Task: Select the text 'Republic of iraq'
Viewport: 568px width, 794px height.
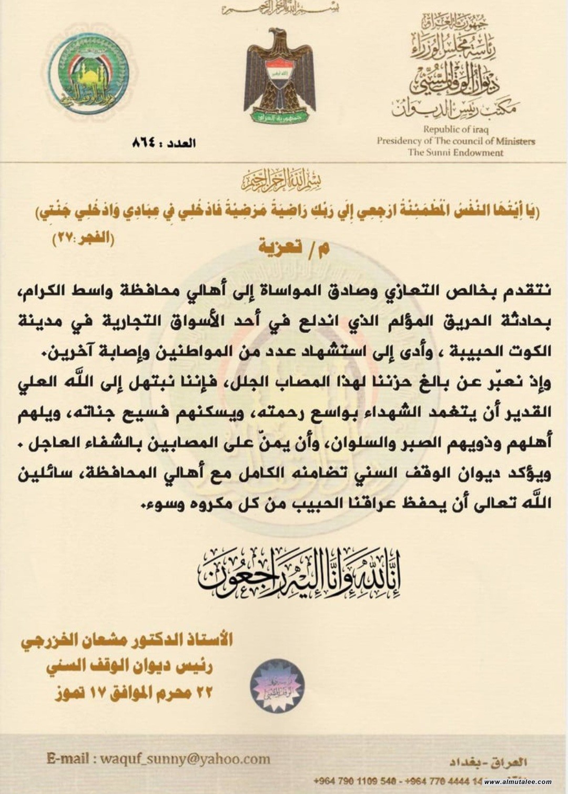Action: (x=456, y=129)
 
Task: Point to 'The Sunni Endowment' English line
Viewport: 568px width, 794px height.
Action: (x=455, y=153)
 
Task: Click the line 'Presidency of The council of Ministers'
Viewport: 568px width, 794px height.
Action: (x=455, y=141)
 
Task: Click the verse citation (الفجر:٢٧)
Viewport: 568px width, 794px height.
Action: (x=83, y=238)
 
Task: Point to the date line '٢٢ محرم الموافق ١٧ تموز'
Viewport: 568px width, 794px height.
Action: (x=134, y=693)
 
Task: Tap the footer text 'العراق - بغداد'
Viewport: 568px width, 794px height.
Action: (x=488, y=762)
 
